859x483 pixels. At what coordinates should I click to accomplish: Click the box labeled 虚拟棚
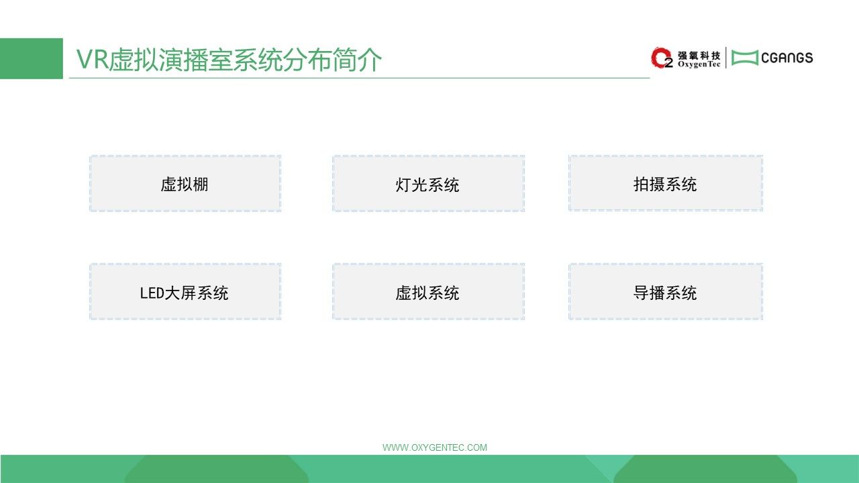185,183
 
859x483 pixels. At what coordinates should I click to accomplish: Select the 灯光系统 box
428,183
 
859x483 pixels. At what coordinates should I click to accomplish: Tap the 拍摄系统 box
666,183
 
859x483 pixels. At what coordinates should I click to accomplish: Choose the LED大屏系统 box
185,291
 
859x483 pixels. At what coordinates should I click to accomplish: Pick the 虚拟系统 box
428,291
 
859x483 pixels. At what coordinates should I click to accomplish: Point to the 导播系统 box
666,291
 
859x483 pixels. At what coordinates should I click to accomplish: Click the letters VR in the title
92,60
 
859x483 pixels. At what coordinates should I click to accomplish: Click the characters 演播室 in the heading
195,60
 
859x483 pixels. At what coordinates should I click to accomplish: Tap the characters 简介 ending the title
357,60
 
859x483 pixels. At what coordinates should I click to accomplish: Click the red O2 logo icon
662,58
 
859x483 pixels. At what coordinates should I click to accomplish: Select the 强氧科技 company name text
699,56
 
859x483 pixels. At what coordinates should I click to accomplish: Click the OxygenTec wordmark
699,64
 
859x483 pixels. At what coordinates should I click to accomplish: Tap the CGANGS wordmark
787,58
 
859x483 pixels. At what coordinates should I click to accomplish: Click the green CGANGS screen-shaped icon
745,58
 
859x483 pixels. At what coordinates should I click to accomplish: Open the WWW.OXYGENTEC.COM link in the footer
435,447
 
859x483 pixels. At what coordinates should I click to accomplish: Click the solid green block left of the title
32,58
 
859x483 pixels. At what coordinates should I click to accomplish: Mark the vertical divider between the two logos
726,58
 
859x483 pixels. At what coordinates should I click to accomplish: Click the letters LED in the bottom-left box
152,293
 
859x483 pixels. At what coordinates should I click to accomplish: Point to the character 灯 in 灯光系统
403,184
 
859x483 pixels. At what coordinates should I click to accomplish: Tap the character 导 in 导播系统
641,293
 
